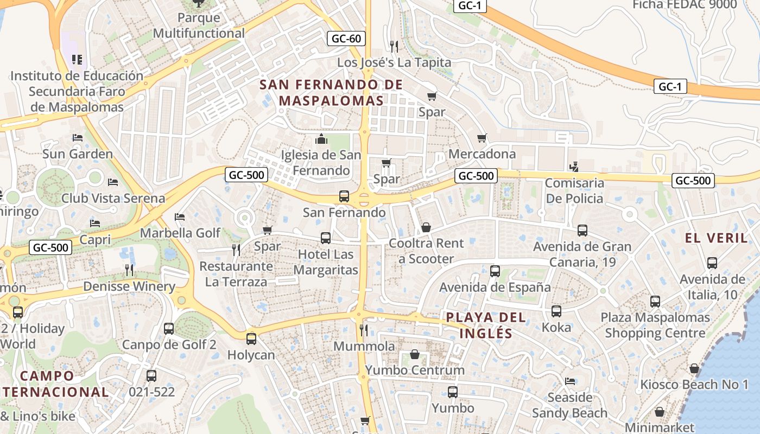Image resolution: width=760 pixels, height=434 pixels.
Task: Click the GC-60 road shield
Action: tap(346, 39)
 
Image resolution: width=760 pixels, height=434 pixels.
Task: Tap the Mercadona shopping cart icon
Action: tap(482, 138)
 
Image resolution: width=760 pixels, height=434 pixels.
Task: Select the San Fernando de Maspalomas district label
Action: tap(331, 92)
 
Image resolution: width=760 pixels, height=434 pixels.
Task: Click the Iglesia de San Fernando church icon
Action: tap(321, 139)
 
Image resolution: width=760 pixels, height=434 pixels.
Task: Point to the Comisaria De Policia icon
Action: tap(574, 167)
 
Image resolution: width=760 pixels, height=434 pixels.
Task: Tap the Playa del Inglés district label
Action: tap(486, 325)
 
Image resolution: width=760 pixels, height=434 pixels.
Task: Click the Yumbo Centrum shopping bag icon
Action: tap(415, 354)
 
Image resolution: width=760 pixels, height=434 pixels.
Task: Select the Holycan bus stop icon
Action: tap(251, 339)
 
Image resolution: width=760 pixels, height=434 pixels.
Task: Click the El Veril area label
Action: tap(716, 238)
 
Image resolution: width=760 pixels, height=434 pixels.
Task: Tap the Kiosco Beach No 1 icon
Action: tap(694, 369)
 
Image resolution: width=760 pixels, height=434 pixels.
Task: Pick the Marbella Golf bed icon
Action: tap(180, 217)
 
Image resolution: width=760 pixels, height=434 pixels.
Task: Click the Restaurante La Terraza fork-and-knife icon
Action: tap(236, 250)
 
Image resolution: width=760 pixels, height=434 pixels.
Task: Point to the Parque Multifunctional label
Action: tap(199, 25)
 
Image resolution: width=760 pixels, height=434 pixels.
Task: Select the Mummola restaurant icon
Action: tap(364, 330)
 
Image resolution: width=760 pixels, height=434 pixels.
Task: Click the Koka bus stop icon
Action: tap(556, 311)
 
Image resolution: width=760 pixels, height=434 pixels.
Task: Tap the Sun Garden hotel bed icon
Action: tap(78, 138)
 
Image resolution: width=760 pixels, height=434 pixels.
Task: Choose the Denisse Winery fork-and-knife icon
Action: tap(129, 270)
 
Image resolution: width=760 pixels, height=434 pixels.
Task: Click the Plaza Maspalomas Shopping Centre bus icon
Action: tap(655, 302)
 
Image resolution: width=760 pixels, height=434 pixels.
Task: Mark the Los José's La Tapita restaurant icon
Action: tap(394, 47)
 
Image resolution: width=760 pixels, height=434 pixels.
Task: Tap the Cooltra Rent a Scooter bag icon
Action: tap(426, 227)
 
